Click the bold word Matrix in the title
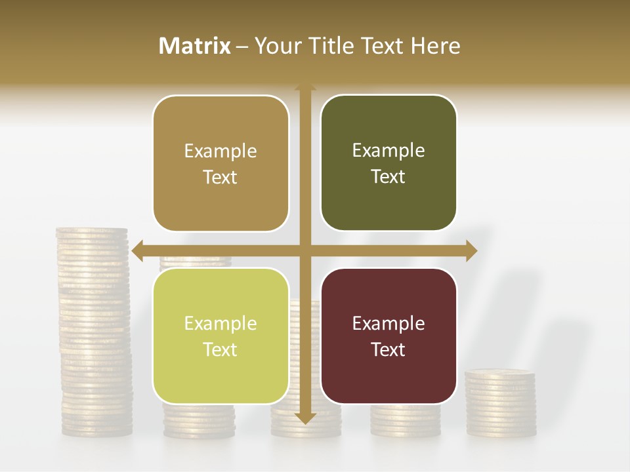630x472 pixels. [x=195, y=46]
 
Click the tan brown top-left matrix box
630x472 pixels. [x=220, y=164]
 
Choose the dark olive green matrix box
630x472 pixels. [x=388, y=163]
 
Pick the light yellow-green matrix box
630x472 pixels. [x=220, y=336]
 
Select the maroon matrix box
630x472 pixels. [x=388, y=336]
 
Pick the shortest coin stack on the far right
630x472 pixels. [x=500, y=403]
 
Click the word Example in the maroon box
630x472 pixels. [x=388, y=323]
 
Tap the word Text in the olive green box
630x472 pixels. [x=388, y=177]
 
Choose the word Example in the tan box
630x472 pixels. [x=220, y=151]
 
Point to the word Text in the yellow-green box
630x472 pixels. [x=220, y=350]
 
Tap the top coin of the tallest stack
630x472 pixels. [x=92, y=231]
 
